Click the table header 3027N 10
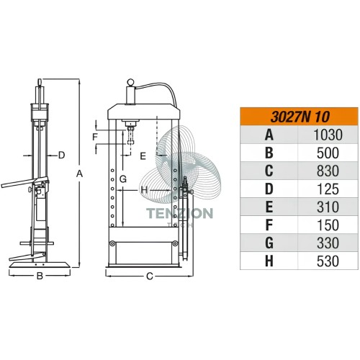point(300,117)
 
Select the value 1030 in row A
point(328,135)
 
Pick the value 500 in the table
point(328,153)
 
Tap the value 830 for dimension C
point(328,171)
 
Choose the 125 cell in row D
point(328,189)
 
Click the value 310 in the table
point(328,207)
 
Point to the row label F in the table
point(269,225)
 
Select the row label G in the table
point(269,243)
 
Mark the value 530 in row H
point(328,261)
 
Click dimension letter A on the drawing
point(79,174)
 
